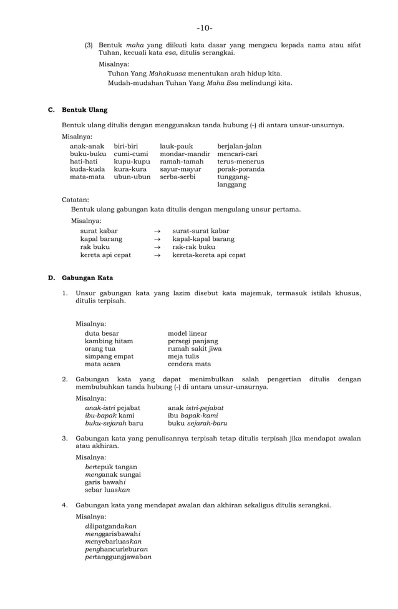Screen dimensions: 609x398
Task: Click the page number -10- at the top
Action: click(x=204, y=28)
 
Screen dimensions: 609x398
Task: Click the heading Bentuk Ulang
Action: click(x=84, y=110)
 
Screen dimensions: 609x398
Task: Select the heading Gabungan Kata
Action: click(x=87, y=277)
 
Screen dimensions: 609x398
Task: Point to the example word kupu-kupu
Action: click(x=132, y=162)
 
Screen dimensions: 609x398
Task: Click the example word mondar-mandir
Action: click(x=185, y=153)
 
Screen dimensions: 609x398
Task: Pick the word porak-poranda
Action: click(x=241, y=169)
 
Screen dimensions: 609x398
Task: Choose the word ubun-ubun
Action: click(x=132, y=177)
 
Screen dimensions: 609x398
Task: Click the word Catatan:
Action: click(x=75, y=200)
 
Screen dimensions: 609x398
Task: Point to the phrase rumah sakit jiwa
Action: click(x=195, y=349)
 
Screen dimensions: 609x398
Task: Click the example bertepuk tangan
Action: click(x=111, y=467)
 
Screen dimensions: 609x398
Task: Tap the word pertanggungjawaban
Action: click(x=118, y=556)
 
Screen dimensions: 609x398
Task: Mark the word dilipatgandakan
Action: click(x=110, y=526)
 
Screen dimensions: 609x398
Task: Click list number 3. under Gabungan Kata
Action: click(x=65, y=439)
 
